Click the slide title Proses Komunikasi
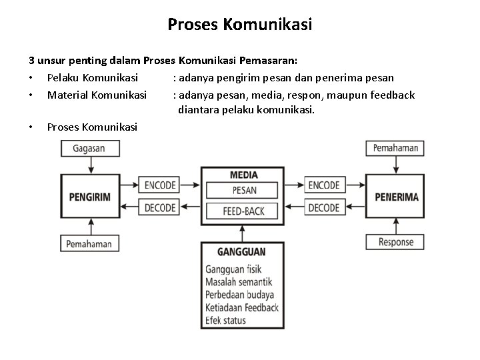coord(240,25)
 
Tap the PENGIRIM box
coord(89,197)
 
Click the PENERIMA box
coord(396,197)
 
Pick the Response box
coord(396,242)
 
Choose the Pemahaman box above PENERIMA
coord(396,148)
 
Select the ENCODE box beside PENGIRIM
coord(159,185)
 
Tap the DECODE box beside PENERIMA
coord(324,208)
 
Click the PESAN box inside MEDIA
coord(244,190)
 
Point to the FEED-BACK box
coord(244,211)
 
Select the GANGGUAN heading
coord(241,252)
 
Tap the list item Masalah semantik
coord(238,282)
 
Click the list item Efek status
coord(226,320)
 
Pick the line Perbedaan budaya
coord(239,295)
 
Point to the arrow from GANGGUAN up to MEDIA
coord(244,232)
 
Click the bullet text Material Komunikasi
coord(97,95)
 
